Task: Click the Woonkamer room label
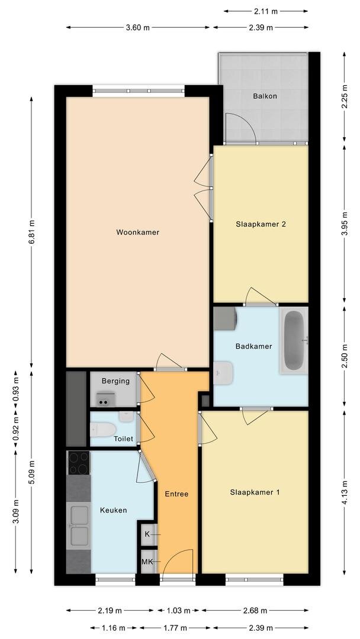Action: tap(137, 233)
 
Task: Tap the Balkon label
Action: tap(265, 96)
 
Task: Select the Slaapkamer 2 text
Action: tap(260, 224)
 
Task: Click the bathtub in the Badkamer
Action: tap(294, 340)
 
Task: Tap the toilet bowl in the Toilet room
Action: tap(103, 429)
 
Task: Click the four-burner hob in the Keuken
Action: tap(79, 463)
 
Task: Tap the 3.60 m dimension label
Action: tap(138, 28)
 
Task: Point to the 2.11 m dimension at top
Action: tap(266, 11)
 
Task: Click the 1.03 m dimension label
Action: tap(179, 611)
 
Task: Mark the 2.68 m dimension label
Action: tap(255, 611)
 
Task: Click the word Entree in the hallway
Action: tap(176, 494)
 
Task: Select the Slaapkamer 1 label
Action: tap(255, 492)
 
